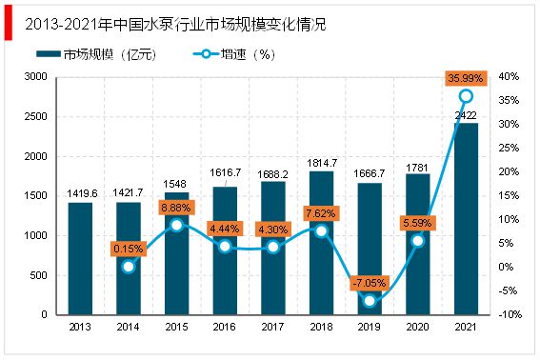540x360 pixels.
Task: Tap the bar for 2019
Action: click(x=370, y=249)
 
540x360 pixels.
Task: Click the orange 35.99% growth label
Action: click(x=466, y=78)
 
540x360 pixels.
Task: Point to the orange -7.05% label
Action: click(x=369, y=282)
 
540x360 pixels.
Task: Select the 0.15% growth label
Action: click(x=129, y=249)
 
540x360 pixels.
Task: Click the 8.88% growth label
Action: click(x=177, y=207)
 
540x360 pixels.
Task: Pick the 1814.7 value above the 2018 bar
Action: click(x=321, y=163)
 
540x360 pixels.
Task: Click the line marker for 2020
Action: click(x=417, y=240)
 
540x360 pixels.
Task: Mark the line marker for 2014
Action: click(x=129, y=267)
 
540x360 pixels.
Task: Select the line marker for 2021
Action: click(x=466, y=96)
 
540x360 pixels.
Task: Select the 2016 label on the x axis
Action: click(x=225, y=328)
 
